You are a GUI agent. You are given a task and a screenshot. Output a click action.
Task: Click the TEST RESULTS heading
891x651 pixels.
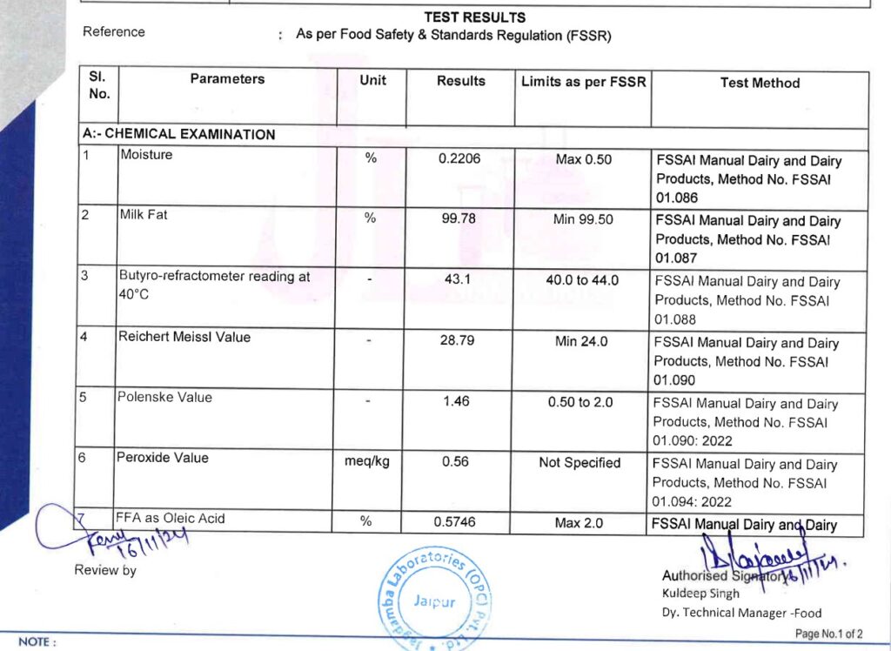click(474, 17)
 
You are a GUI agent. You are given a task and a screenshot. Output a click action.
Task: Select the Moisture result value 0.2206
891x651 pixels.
click(460, 158)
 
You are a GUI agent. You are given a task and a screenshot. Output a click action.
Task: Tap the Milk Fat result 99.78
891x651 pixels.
click(459, 219)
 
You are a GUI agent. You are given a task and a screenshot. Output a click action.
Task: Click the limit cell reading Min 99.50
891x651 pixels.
click(583, 219)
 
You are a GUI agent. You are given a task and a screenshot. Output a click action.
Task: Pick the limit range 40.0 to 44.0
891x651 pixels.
click(583, 280)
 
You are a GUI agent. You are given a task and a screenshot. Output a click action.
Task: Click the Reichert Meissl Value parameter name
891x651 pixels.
click(184, 337)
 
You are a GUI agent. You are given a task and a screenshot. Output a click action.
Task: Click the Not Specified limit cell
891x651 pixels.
click(579, 462)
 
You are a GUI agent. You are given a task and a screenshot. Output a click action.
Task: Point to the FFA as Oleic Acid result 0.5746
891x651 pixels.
click(459, 522)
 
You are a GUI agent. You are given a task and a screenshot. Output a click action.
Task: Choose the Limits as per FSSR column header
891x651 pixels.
click(584, 82)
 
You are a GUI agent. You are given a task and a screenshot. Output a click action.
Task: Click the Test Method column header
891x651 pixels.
click(760, 83)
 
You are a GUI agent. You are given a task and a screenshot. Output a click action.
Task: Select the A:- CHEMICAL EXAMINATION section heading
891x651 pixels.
click(179, 135)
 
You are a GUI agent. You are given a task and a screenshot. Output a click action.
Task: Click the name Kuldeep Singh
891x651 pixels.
click(700, 594)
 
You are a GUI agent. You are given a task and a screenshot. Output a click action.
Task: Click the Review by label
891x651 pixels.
click(105, 571)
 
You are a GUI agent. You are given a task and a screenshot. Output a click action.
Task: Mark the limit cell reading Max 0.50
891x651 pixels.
click(583, 159)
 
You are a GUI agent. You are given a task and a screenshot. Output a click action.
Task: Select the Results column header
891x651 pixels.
click(461, 81)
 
